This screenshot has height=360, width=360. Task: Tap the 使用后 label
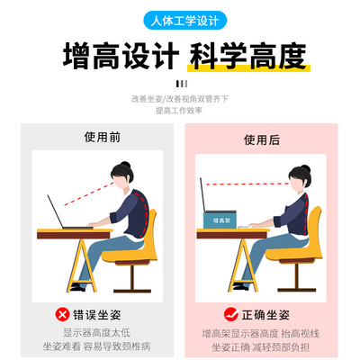(x=263, y=139)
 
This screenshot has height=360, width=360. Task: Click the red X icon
(x=61, y=314)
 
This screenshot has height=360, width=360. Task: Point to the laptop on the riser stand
(x=216, y=195)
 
